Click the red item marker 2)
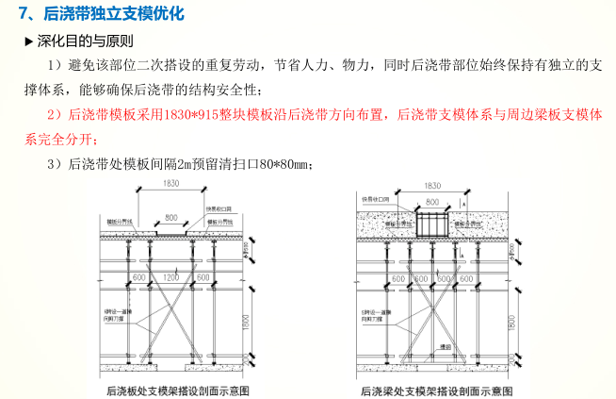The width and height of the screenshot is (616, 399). click(x=56, y=114)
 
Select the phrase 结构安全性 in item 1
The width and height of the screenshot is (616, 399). click(x=228, y=89)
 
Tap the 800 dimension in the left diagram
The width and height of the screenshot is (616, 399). click(x=170, y=218)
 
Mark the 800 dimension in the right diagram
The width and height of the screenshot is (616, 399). click(x=431, y=203)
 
